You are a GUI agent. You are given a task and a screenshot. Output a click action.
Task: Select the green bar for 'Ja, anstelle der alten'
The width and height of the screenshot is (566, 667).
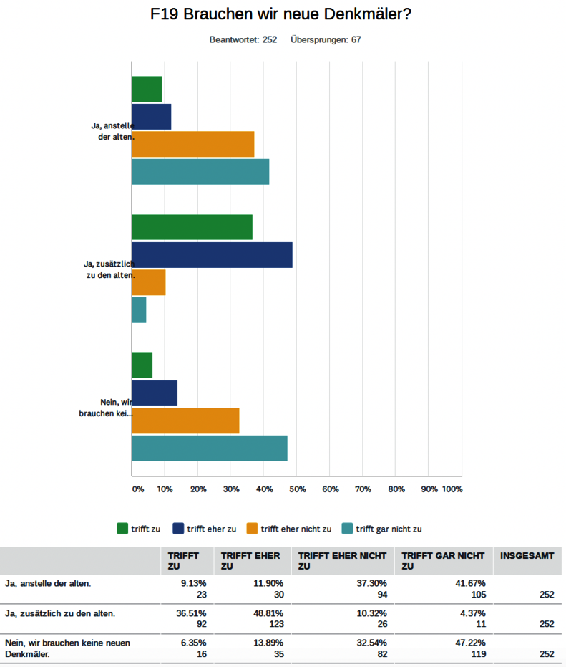(147, 89)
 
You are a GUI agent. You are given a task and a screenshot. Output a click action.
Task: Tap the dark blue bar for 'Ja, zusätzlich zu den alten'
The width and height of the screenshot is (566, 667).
(212, 254)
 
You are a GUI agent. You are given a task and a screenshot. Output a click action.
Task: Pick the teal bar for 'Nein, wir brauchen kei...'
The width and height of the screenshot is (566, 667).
(209, 448)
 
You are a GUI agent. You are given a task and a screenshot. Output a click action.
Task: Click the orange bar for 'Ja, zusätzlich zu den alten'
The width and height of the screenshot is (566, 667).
(148, 282)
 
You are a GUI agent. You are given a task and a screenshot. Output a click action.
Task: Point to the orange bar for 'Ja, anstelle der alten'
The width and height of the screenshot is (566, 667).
(192, 144)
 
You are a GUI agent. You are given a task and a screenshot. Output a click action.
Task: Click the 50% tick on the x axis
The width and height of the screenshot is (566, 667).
(297, 489)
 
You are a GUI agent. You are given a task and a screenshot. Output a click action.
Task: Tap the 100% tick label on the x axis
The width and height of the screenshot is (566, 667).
(452, 489)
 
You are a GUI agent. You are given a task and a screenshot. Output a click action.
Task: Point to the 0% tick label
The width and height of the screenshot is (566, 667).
(137, 489)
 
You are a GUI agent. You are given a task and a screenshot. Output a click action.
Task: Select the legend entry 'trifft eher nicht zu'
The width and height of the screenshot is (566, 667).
(296, 529)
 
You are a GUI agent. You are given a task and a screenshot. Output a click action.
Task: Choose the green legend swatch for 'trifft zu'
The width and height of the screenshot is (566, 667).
(122, 529)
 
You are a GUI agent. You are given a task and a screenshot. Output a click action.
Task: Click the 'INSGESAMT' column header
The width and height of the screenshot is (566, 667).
(527, 555)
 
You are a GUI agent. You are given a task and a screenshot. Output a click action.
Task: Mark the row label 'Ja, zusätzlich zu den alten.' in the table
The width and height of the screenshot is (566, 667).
(60, 613)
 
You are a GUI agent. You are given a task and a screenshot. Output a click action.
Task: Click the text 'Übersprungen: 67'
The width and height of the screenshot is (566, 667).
(326, 39)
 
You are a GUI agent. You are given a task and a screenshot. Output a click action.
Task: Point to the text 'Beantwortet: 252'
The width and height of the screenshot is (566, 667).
(243, 39)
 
